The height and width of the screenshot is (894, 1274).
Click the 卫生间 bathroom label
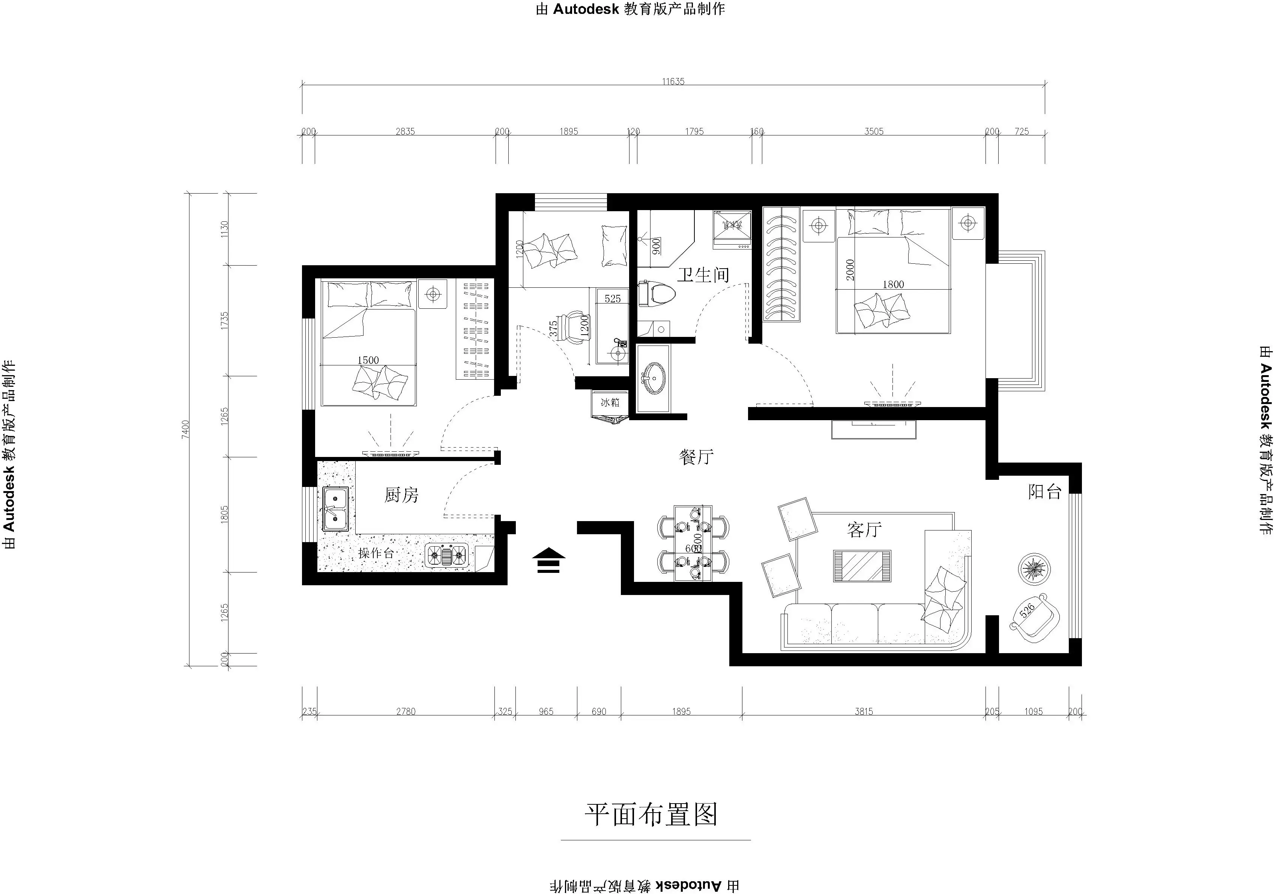tap(703, 275)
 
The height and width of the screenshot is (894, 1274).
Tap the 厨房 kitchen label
tap(401, 494)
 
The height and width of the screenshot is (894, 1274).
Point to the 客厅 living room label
tap(864, 529)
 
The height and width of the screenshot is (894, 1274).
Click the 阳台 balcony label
tap(1044, 492)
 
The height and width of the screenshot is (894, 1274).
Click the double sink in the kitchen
tap(335, 509)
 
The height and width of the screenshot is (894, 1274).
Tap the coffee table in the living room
tap(862, 566)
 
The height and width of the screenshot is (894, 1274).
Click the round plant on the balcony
tap(1034, 569)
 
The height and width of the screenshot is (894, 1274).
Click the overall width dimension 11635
tap(673, 81)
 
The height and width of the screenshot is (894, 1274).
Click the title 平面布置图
tap(651, 814)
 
